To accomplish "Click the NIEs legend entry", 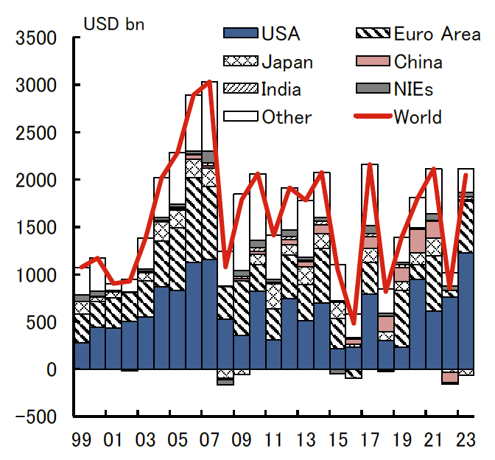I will [413, 89].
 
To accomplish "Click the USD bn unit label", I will [114, 22].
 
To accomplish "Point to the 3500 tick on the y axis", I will [36, 38].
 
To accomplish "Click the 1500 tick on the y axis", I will [36, 228].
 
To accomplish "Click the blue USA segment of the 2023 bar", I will [466, 310].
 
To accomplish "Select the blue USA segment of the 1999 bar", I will [82, 355].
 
